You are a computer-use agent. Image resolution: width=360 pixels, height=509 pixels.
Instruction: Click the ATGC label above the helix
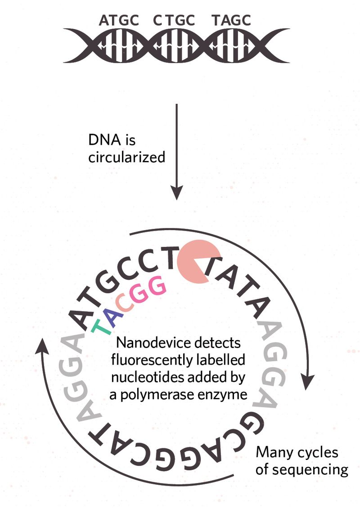tap(119, 20)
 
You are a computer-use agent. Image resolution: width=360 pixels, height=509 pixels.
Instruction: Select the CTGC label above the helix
tap(180, 20)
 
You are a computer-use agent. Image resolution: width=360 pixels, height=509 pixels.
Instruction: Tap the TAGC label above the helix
tap(231, 20)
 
